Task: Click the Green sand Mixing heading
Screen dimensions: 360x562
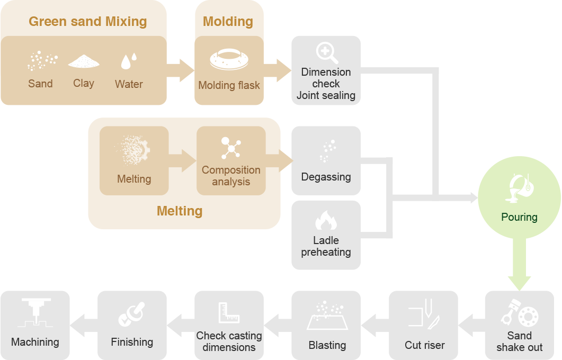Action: click(87, 22)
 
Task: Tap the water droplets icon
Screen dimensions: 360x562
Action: click(129, 61)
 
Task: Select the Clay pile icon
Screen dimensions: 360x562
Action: click(84, 61)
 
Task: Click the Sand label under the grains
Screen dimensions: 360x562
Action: click(40, 84)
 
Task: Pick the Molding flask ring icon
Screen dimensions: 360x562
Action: click(229, 60)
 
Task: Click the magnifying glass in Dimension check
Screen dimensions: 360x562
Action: click(325, 53)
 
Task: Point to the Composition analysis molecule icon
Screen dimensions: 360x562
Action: click(230, 148)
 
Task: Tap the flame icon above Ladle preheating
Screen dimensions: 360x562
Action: click(326, 220)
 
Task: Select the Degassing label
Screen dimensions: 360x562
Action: click(326, 177)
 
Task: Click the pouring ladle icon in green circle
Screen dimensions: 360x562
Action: click(519, 188)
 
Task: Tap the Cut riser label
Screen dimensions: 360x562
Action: click(424, 345)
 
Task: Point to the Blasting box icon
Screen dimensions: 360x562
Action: click(327, 316)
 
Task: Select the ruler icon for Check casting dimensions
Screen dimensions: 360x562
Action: click(229, 313)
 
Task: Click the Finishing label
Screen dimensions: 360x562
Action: click(132, 342)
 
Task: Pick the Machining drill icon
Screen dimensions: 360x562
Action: click(35, 312)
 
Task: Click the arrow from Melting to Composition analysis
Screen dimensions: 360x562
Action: click(182, 160)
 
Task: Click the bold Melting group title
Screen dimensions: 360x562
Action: click(180, 211)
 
